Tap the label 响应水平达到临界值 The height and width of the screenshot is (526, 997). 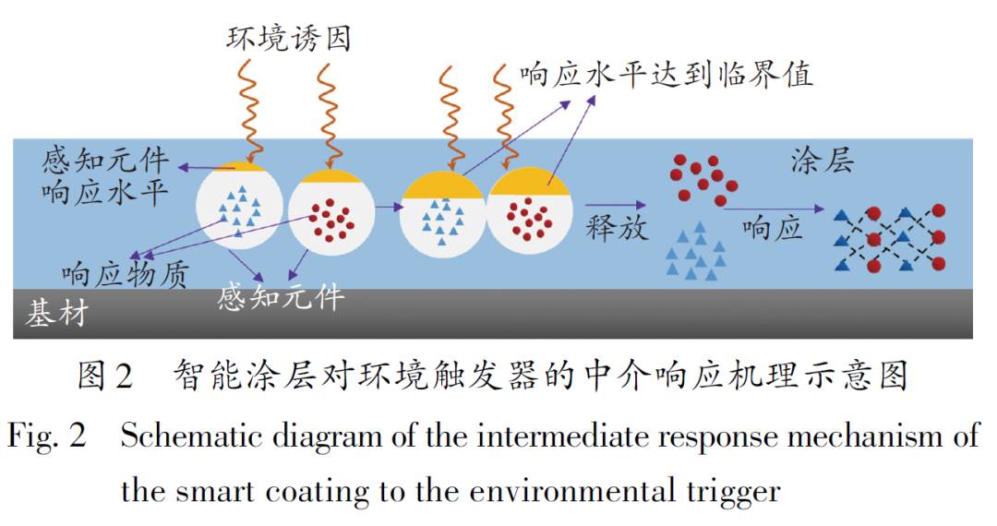tap(666, 74)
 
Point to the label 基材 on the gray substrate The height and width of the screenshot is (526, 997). tap(57, 314)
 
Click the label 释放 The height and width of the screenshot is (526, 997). tap(618, 227)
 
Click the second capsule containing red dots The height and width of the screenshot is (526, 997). tap(331, 213)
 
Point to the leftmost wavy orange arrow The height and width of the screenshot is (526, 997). tap(248, 109)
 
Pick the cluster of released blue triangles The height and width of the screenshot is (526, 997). tap(694, 249)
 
